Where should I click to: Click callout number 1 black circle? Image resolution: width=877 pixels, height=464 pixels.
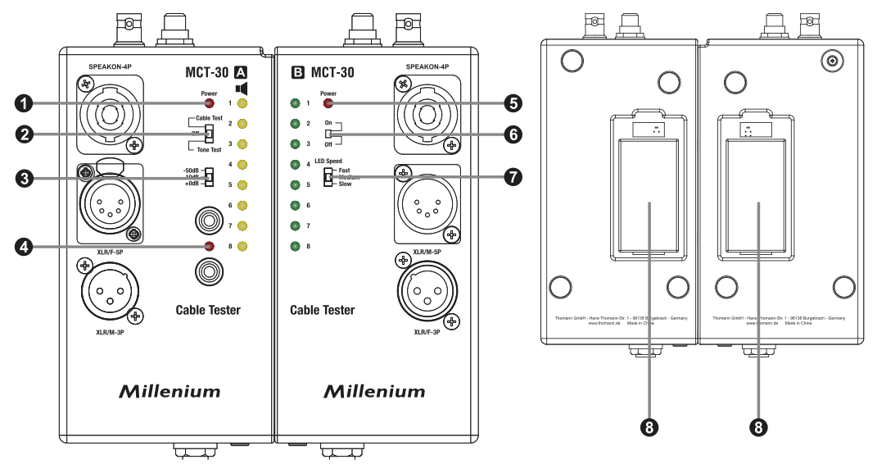pos(25,103)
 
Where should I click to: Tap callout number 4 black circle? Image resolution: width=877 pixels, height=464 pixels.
pos(25,246)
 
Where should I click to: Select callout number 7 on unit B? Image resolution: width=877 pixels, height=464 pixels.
pos(512,177)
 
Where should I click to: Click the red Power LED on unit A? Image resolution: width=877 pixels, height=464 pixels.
pos(209,104)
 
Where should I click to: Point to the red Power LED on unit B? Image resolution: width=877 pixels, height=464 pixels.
pos(328,104)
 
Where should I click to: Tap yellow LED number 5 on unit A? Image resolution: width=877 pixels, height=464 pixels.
pos(242,185)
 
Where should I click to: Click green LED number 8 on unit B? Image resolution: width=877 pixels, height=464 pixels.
pos(294,246)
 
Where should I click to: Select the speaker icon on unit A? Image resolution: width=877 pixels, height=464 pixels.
pos(242,88)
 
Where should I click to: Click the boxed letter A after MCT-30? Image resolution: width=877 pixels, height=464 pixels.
pos(242,71)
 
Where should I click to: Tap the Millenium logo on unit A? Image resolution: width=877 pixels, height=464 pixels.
pos(170,391)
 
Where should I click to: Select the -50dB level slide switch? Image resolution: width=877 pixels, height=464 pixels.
pos(209,177)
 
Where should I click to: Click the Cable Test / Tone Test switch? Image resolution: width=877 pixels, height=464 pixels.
pos(209,133)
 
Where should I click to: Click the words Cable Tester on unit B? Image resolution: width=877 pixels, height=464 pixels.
pos(323,311)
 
